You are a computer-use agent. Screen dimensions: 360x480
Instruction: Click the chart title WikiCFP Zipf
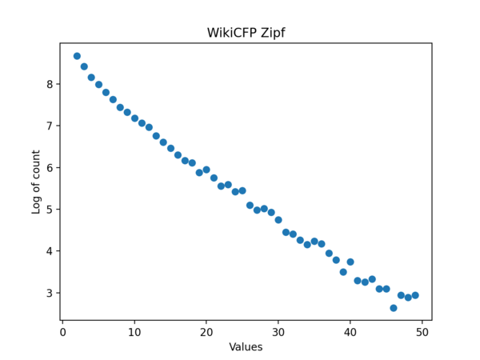246,33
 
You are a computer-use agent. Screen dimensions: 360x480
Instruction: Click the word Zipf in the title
272,33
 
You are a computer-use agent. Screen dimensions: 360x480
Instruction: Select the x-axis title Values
246,347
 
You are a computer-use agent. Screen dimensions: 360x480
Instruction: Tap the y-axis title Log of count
36,181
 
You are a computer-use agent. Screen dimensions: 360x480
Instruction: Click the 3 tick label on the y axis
50,293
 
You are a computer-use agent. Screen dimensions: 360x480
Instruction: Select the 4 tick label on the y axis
50,251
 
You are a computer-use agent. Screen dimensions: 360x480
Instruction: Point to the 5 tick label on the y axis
50,210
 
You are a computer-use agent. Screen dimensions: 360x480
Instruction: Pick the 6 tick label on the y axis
50,168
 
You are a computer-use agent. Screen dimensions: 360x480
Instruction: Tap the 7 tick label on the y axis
50,126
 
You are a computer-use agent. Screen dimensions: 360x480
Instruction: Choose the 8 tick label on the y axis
50,84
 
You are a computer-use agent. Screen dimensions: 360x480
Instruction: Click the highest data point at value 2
77,56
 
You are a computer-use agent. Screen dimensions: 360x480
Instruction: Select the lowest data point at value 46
394,308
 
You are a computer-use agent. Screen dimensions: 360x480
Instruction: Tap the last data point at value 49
415,295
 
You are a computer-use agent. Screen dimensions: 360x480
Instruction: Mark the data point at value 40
350,262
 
